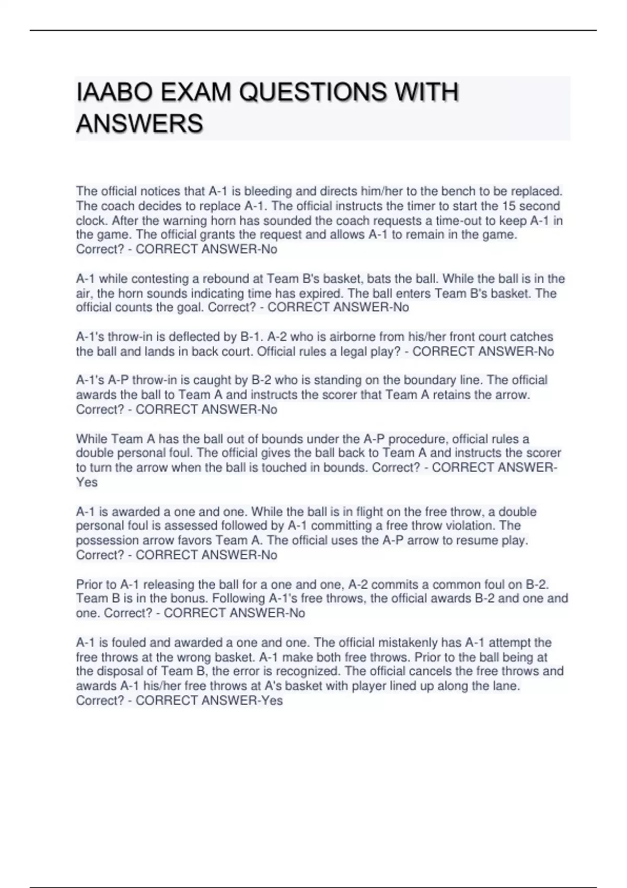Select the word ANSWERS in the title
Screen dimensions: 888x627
[140, 124]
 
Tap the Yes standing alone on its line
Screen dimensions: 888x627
[87, 482]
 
